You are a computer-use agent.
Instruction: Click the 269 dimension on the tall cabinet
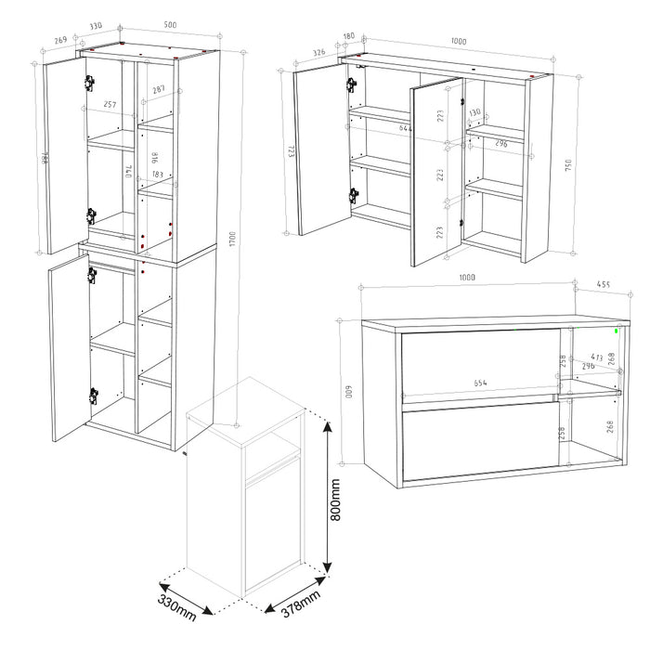pyautogui.click(x=60, y=41)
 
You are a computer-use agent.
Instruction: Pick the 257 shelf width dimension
pyautogui.click(x=110, y=105)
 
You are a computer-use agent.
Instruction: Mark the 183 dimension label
pyautogui.click(x=157, y=175)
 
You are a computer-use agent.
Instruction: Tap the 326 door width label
pyautogui.click(x=318, y=53)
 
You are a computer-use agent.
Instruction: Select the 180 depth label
pyautogui.click(x=349, y=37)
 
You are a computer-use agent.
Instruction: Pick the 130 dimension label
pyautogui.click(x=474, y=113)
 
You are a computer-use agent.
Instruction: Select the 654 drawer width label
pyautogui.click(x=480, y=383)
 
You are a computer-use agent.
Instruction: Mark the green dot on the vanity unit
pyautogui.click(x=618, y=328)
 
